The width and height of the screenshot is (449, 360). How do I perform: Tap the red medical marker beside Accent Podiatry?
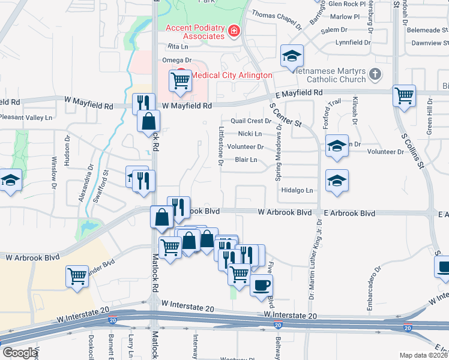233,31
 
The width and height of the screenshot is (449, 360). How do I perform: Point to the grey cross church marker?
375,75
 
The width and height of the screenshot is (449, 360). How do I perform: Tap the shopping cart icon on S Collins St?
405,96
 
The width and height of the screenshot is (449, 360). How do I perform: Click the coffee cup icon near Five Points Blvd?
261,285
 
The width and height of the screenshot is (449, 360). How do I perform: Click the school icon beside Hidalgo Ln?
337,180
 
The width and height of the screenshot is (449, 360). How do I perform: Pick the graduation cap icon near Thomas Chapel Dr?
292,56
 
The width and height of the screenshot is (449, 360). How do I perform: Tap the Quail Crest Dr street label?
255,121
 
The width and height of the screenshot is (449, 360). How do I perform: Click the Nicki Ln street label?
250,134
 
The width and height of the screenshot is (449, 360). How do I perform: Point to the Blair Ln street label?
246,160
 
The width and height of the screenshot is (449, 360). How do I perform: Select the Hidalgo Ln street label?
298,190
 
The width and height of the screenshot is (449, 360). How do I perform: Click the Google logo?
20,353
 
